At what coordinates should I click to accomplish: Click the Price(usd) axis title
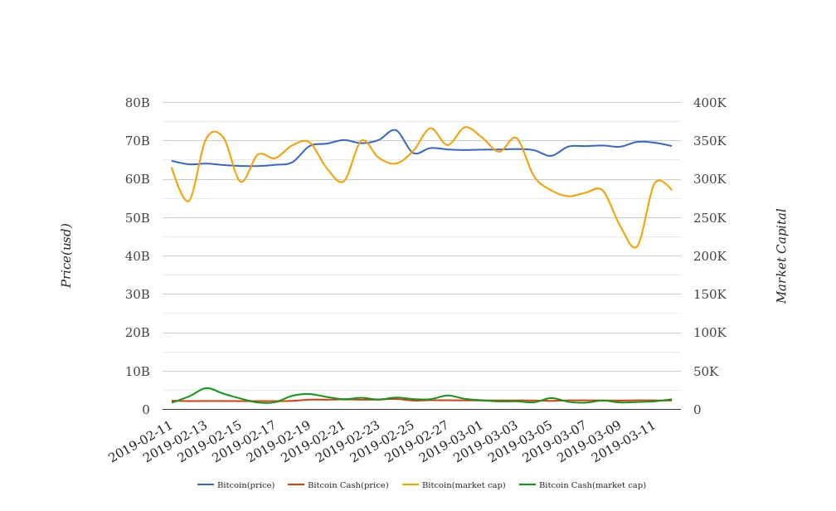(x=66, y=255)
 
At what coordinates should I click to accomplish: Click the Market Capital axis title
(x=781, y=255)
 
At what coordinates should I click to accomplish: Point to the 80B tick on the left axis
(x=137, y=103)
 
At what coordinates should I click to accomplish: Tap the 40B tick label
(x=137, y=256)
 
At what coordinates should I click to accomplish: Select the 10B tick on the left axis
(x=137, y=372)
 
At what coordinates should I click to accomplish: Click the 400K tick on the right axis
(x=710, y=103)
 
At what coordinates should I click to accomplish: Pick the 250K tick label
(x=710, y=218)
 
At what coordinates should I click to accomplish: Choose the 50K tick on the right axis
(x=706, y=372)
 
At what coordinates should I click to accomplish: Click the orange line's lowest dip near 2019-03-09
(x=634, y=247)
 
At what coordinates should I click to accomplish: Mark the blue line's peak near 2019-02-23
(x=394, y=129)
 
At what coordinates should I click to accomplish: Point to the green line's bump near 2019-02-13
(x=207, y=387)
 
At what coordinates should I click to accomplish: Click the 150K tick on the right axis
(x=710, y=294)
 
